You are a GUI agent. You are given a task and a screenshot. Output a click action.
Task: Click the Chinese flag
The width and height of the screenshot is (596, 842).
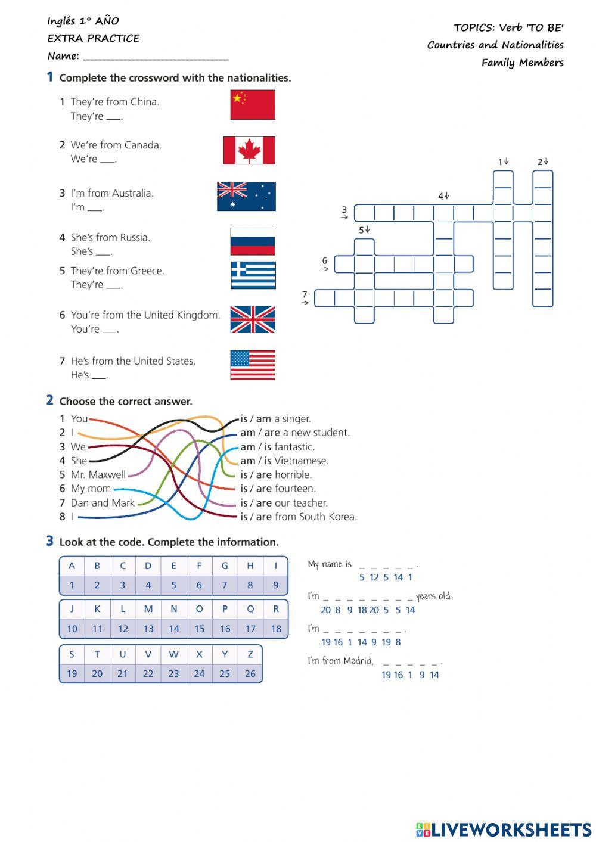coord(253,105)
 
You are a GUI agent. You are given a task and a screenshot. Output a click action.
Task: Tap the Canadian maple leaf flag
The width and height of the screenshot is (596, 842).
coord(249,150)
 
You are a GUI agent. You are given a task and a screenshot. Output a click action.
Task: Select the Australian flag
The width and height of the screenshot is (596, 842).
coord(246,197)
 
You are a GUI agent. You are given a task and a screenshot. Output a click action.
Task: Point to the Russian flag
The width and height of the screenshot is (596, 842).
coord(253,241)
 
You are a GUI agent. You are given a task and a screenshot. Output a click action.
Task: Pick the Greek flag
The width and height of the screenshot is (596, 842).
coord(253,275)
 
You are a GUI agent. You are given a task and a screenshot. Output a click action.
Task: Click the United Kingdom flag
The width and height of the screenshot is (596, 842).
coord(253,319)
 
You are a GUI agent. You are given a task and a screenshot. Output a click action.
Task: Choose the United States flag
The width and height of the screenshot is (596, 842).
coord(253,365)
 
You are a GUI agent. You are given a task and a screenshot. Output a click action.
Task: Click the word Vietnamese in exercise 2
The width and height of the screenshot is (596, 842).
coord(301,461)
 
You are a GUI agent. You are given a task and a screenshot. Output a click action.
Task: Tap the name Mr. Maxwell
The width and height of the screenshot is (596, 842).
coord(98,475)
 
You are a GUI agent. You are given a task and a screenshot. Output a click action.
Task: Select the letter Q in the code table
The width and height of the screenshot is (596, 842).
coord(250,609)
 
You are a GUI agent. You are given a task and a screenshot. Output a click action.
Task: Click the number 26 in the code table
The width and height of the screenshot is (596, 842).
coord(250,674)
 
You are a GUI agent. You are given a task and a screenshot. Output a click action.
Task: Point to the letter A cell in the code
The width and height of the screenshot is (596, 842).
coord(72,566)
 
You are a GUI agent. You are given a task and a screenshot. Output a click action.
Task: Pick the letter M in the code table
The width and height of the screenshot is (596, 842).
coord(148,609)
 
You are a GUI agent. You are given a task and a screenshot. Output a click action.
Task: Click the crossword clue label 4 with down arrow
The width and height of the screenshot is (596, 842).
coord(443,196)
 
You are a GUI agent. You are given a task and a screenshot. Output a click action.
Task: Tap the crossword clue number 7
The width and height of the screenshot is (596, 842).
coord(305,294)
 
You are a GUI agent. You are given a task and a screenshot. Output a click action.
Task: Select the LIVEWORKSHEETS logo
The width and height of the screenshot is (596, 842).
coord(503,829)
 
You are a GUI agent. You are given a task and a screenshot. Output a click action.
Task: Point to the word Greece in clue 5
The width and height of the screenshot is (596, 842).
coord(147,271)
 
